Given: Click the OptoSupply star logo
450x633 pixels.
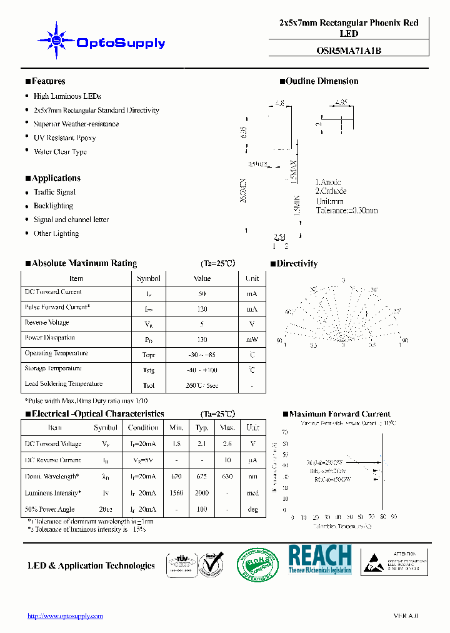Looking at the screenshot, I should (x=56, y=41).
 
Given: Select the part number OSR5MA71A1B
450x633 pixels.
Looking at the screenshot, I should (x=349, y=51).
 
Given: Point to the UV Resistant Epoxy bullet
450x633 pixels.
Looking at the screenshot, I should (x=64, y=138).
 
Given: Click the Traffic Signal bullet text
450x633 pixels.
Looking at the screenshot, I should (x=54, y=192).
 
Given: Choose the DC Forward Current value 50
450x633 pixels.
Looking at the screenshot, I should (x=202, y=293).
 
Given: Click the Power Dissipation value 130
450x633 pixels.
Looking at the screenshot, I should (x=202, y=340).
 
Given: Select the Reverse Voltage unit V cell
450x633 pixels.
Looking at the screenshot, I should (x=252, y=324).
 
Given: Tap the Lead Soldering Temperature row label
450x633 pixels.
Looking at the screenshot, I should (x=63, y=384).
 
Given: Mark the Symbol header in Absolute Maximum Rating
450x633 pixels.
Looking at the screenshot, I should (x=148, y=278).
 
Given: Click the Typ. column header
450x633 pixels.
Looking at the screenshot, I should (x=202, y=428).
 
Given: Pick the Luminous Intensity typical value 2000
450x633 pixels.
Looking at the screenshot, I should (x=202, y=493).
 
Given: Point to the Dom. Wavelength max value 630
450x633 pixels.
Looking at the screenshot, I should (x=227, y=477).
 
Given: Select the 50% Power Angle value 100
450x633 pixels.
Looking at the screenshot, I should (x=202, y=509).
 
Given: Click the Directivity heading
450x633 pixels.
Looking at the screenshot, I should (x=297, y=264).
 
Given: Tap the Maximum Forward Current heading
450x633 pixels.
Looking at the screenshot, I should (x=339, y=414).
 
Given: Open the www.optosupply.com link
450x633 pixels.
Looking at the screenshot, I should (x=65, y=616).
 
